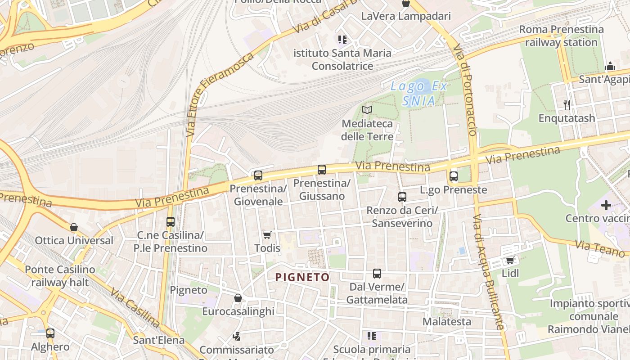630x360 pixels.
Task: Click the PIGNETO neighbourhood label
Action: pyautogui.click(x=302, y=277)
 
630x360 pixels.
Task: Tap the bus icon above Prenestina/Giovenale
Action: pyautogui.click(x=258, y=175)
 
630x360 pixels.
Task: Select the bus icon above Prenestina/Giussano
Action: pyautogui.click(x=322, y=170)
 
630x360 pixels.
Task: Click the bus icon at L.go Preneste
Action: pyautogui.click(x=454, y=176)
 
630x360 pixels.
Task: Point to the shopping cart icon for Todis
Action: pyautogui.click(x=267, y=235)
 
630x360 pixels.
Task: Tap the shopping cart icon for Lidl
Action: pyautogui.click(x=510, y=260)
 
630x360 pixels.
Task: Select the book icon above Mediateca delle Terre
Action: pyautogui.click(x=367, y=110)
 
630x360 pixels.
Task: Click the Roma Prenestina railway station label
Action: pyautogui.click(x=561, y=36)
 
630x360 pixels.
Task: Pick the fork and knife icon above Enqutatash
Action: pyautogui.click(x=567, y=105)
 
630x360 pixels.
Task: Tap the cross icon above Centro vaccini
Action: pyautogui.click(x=606, y=206)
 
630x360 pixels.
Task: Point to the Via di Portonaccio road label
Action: pyautogui.click(x=465, y=90)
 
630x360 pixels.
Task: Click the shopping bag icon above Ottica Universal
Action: pyautogui.click(x=74, y=227)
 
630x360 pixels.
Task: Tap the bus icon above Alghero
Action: pyautogui.click(x=50, y=333)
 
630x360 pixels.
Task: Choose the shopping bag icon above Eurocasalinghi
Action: pyautogui.click(x=238, y=298)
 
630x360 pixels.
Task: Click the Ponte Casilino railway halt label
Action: pyautogui.click(x=60, y=276)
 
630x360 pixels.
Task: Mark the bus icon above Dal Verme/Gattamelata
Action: pyautogui.click(x=377, y=274)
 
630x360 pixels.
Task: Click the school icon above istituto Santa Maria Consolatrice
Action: pyautogui.click(x=342, y=40)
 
